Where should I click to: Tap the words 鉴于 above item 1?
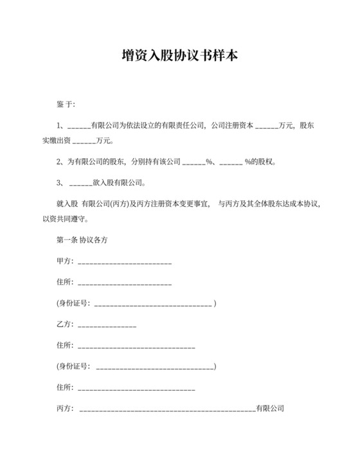(x=66, y=103)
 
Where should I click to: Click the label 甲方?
(x=64, y=262)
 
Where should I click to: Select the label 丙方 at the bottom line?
(x=64, y=408)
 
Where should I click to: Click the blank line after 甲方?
(x=124, y=263)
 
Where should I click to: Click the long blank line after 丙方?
(x=167, y=409)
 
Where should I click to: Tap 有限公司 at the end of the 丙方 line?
(x=270, y=408)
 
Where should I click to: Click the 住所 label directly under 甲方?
(x=64, y=282)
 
